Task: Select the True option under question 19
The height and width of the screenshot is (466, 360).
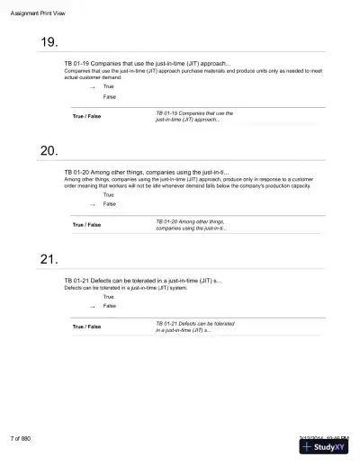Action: [x=109, y=86]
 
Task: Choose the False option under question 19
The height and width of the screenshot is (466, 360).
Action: [x=109, y=96]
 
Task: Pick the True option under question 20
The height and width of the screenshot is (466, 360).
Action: [x=109, y=194]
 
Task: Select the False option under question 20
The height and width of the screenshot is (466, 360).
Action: [x=110, y=204]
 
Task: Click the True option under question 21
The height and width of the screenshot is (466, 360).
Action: [x=109, y=296]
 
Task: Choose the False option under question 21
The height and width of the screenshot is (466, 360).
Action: [x=110, y=306]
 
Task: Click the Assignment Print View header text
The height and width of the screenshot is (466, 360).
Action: [x=39, y=12]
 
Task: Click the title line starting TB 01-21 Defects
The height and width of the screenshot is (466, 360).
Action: [x=143, y=282]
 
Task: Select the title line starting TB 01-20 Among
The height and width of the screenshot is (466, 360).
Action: [x=147, y=172]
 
